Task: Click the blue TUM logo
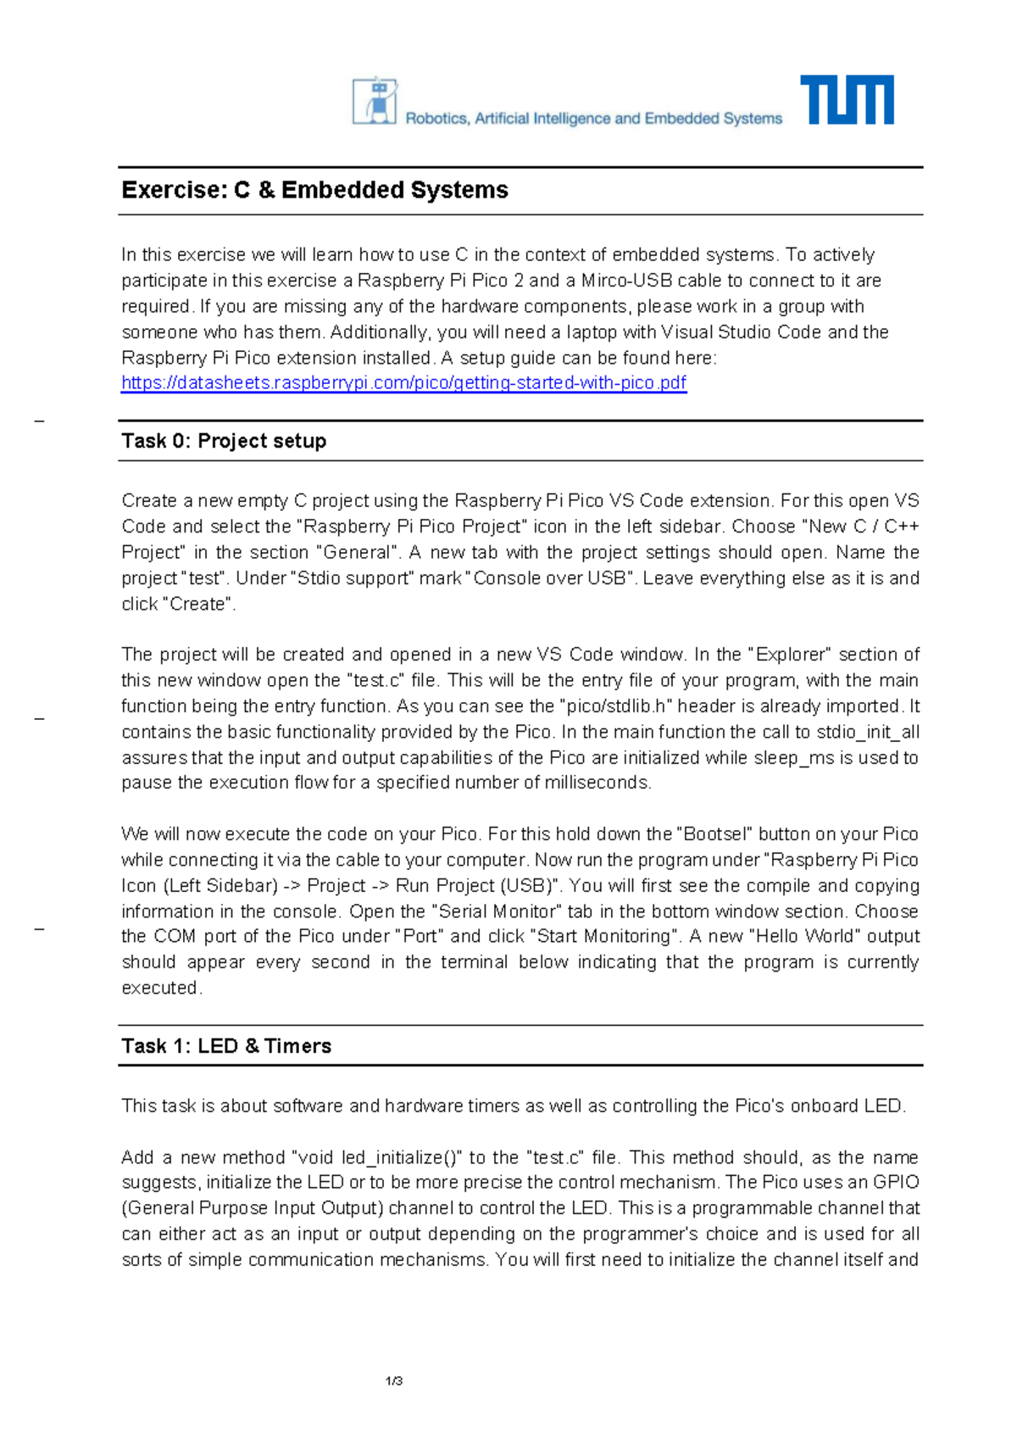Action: click(x=847, y=100)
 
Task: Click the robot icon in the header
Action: click(x=375, y=102)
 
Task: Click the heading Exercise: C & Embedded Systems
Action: click(x=314, y=190)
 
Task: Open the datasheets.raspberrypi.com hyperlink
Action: click(x=403, y=383)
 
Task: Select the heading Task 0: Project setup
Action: click(x=224, y=441)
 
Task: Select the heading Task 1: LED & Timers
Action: click(x=226, y=1046)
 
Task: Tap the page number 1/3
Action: click(x=394, y=1381)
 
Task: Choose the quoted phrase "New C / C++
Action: click(x=859, y=527)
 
